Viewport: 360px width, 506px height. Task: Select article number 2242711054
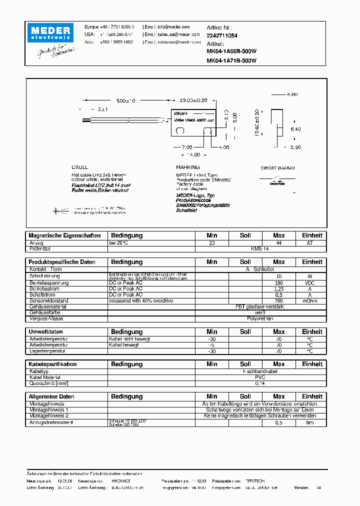coord(222,36)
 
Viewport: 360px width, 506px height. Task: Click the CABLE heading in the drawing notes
coord(79,167)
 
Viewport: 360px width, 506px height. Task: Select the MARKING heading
coord(188,167)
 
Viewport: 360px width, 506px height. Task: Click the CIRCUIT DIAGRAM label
coord(277,168)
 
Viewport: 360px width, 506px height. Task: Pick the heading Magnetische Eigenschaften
coord(64,235)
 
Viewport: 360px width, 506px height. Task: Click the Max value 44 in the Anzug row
coord(279,242)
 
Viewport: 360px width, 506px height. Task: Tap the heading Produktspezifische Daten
coord(62,262)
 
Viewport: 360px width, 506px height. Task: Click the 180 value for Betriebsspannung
coord(279,283)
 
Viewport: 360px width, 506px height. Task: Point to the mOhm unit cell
coord(312,301)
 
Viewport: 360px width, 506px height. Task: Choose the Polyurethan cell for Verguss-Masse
coord(259,318)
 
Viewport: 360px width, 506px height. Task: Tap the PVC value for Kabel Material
coord(259,377)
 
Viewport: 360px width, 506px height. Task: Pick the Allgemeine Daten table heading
coord(51,396)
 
